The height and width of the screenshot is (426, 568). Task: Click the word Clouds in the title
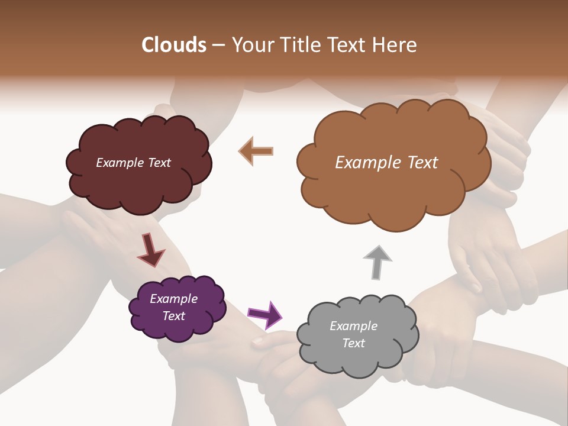(x=174, y=45)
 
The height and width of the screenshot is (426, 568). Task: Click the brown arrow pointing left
(x=256, y=151)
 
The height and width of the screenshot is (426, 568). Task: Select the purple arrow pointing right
(x=264, y=314)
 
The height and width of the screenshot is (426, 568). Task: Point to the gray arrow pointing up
(x=377, y=261)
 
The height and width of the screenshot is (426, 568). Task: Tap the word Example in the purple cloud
(x=173, y=299)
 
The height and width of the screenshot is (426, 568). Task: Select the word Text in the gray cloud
(x=353, y=343)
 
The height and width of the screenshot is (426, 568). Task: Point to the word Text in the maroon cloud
(x=159, y=163)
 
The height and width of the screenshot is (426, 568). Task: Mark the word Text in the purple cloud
(x=173, y=316)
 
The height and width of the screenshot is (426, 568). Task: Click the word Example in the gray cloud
(x=353, y=326)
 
